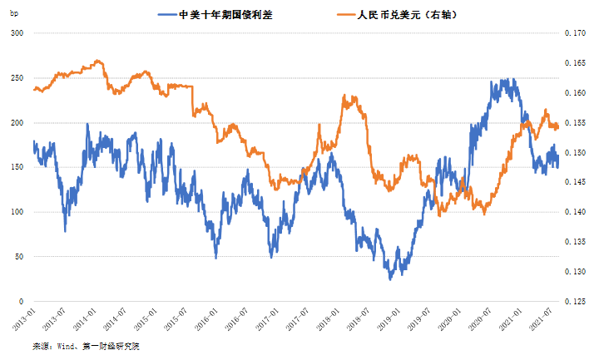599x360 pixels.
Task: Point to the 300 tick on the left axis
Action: (17, 33)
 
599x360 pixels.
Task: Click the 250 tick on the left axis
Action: (17, 78)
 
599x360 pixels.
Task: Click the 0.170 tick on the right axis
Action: (576, 33)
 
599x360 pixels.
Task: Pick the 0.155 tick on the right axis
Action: (576, 123)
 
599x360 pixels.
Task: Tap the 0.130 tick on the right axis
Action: (576, 272)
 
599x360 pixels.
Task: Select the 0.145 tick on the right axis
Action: (576, 183)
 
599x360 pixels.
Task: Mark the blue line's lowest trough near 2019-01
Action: (389, 279)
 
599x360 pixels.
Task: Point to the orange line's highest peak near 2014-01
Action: (98, 61)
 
